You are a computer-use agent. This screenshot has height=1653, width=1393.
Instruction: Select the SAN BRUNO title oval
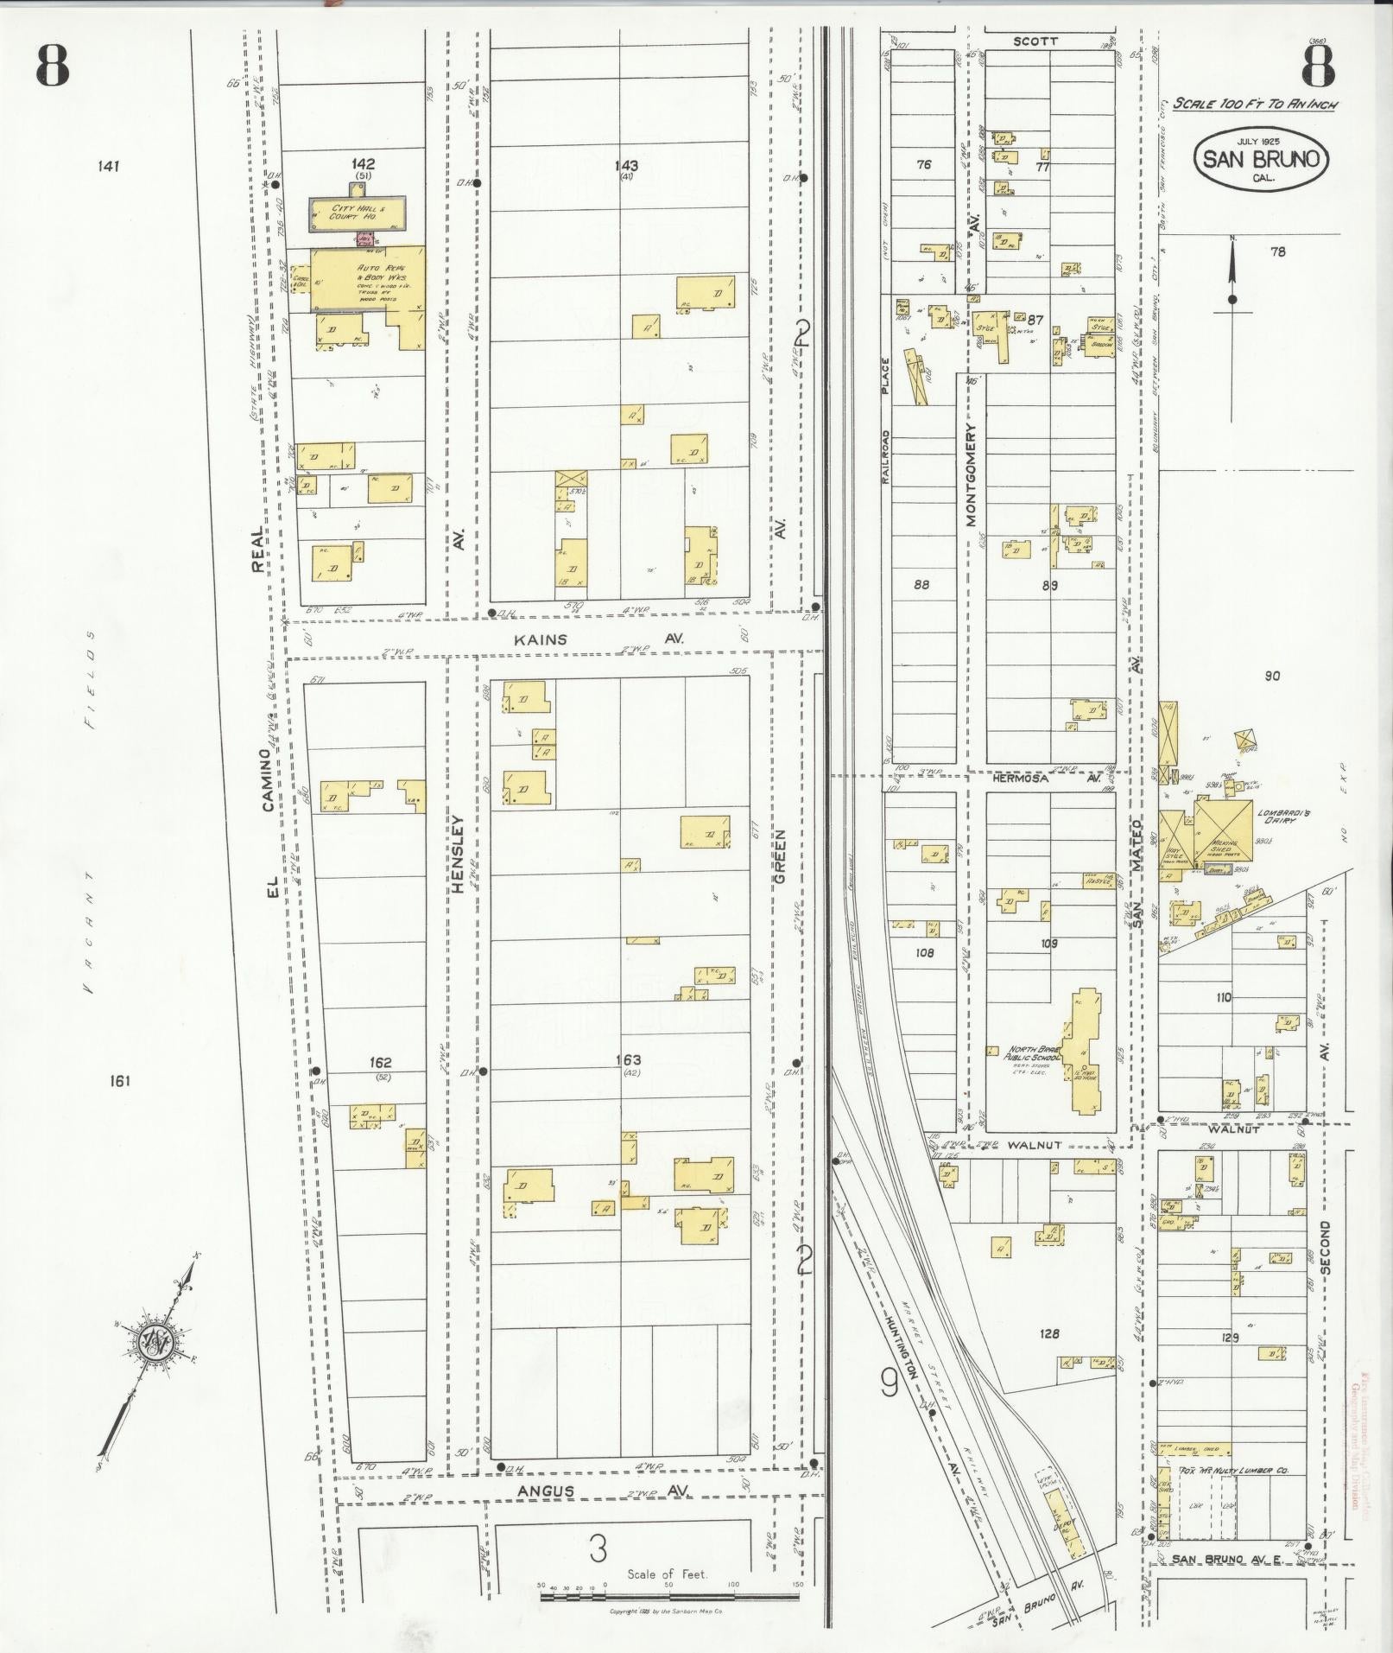(1262, 159)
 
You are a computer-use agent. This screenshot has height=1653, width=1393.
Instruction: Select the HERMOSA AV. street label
(1048, 779)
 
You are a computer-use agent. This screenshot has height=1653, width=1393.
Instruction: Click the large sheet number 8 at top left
(52, 65)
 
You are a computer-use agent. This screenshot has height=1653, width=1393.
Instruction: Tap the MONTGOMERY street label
(970, 474)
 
